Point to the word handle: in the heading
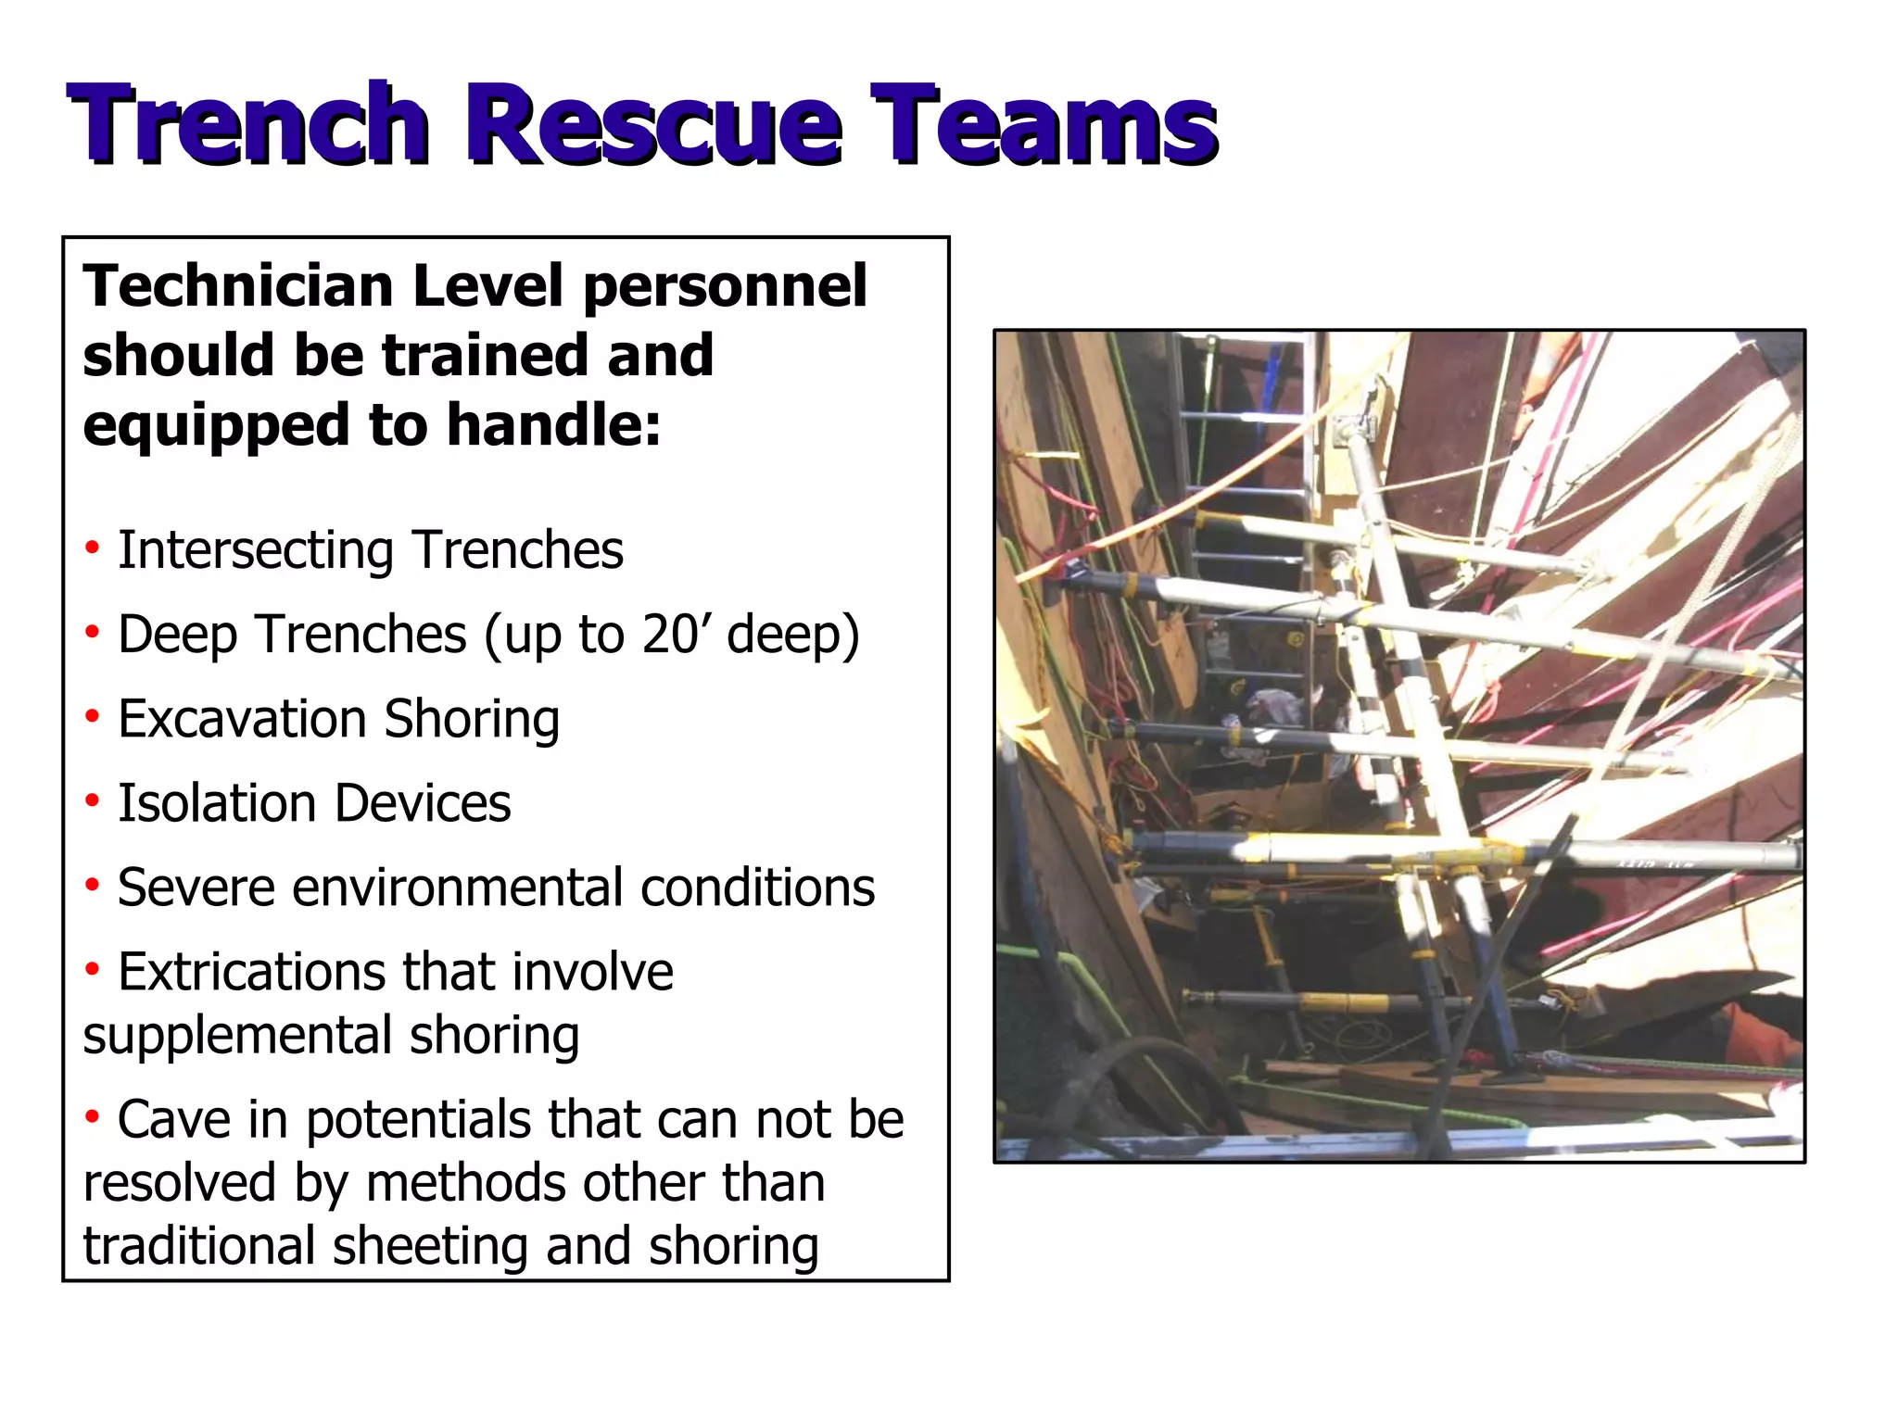(555, 426)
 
